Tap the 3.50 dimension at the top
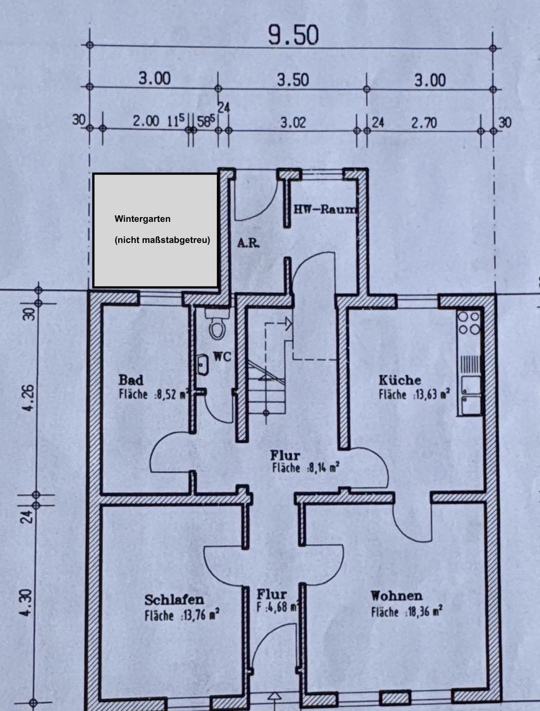click(x=293, y=80)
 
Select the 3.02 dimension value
click(x=293, y=122)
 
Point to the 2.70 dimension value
click(x=424, y=123)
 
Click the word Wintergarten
click(x=142, y=219)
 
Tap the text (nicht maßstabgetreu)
click(x=162, y=240)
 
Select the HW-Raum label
click(x=325, y=209)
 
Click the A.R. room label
click(x=248, y=243)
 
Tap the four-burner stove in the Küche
click(x=469, y=322)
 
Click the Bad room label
click(x=131, y=380)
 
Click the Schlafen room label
click(x=174, y=600)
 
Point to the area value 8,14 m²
click(x=323, y=468)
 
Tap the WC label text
click(x=222, y=356)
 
